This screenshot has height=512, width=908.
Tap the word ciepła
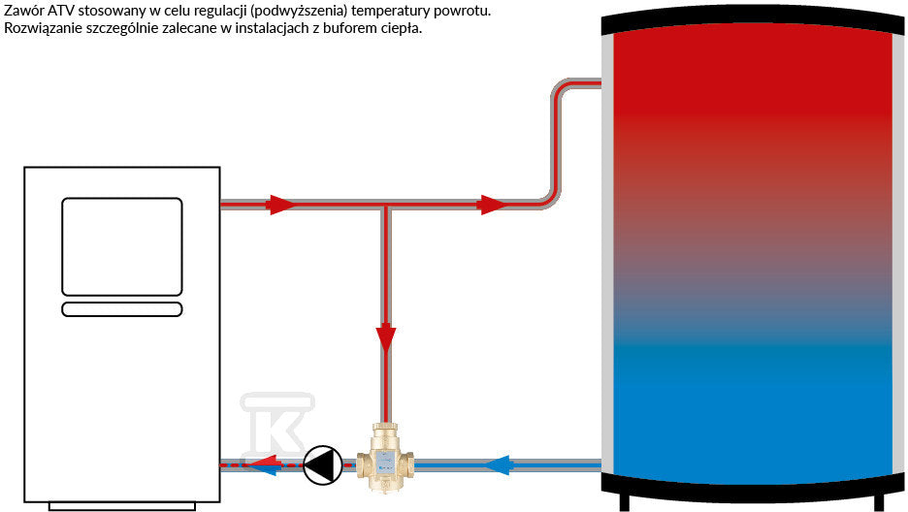point(399,28)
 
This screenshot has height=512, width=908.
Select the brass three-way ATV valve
point(384,458)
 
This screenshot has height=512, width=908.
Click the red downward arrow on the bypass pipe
point(386,339)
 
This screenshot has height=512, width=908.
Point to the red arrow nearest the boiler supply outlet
point(280,205)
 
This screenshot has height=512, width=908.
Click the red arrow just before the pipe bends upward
point(493,205)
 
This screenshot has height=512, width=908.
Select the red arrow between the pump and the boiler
point(263,461)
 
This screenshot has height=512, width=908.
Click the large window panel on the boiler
point(122,247)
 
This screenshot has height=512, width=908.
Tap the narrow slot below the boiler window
point(122,309)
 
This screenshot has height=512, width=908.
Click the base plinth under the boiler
point(122,506)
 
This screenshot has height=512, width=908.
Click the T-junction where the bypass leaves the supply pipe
point(386,205)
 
